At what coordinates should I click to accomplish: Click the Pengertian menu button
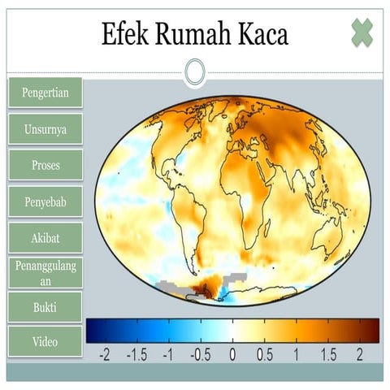pyautogui.click(x=45, y=93)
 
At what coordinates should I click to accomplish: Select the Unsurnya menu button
pyautogui.click(x=45, y=129)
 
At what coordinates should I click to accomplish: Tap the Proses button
pyautogui.click(x=45, y=165)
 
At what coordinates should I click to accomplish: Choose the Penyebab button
pyautogui.click(x=45, y=201)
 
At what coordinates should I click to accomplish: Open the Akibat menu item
pyautogui.click(x=45, y=237)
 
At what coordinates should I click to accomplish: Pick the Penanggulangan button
pyautogui.click(x=45, y=273)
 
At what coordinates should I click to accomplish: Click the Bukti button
pyautogui.click(x=45, y=308)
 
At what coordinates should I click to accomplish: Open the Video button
pyautogui.click(x=45, y=342)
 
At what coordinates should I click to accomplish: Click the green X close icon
pyautogui.click(x=362, y=32)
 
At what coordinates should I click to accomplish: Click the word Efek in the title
pyautogui.click(x=125, y=34)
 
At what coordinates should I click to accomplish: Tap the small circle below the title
pyautogui.click(x=194, y=72)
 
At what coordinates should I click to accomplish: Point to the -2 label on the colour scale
pyautogui.click(x=103, y=355)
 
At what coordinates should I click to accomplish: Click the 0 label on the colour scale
pyautogui.click(x=232, y=355)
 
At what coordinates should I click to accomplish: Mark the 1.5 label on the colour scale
pyautogui.click(x=327, y=355)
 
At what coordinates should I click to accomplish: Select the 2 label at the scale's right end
pyautogui.click(x=360, y=355)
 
